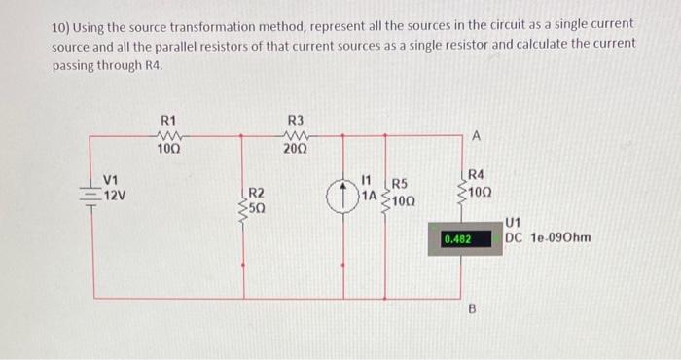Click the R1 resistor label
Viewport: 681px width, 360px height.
click(x=167, y=120)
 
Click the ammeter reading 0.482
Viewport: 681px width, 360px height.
click(x=457, y=237)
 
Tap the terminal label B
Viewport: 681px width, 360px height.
click(x=476, y=310)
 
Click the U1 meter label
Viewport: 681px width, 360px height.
click(x=515, y=223)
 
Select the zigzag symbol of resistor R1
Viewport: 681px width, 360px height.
click(x=167, y=135)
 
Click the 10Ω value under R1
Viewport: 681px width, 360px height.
click(x=167, y=149)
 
